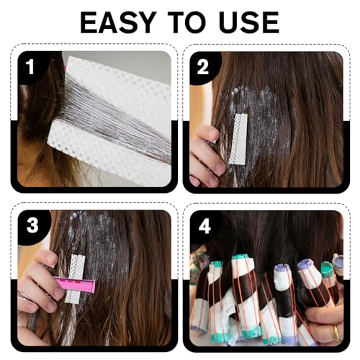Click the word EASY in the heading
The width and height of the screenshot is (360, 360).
tap(117, 22)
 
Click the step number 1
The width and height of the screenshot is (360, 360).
tap(30, 67)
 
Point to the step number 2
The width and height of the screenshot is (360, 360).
tap(203, 67)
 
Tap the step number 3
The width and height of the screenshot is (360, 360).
tap(33, 225)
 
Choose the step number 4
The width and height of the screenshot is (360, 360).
tap(204, 226)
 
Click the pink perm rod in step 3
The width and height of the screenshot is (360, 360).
tap(75, 284)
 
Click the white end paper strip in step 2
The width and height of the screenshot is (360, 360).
tap(238, 139)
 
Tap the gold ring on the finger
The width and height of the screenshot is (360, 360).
tap(337, 333)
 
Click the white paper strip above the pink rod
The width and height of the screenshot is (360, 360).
tap(78, 266)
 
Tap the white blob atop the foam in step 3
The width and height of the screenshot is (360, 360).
tap(74, 215)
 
